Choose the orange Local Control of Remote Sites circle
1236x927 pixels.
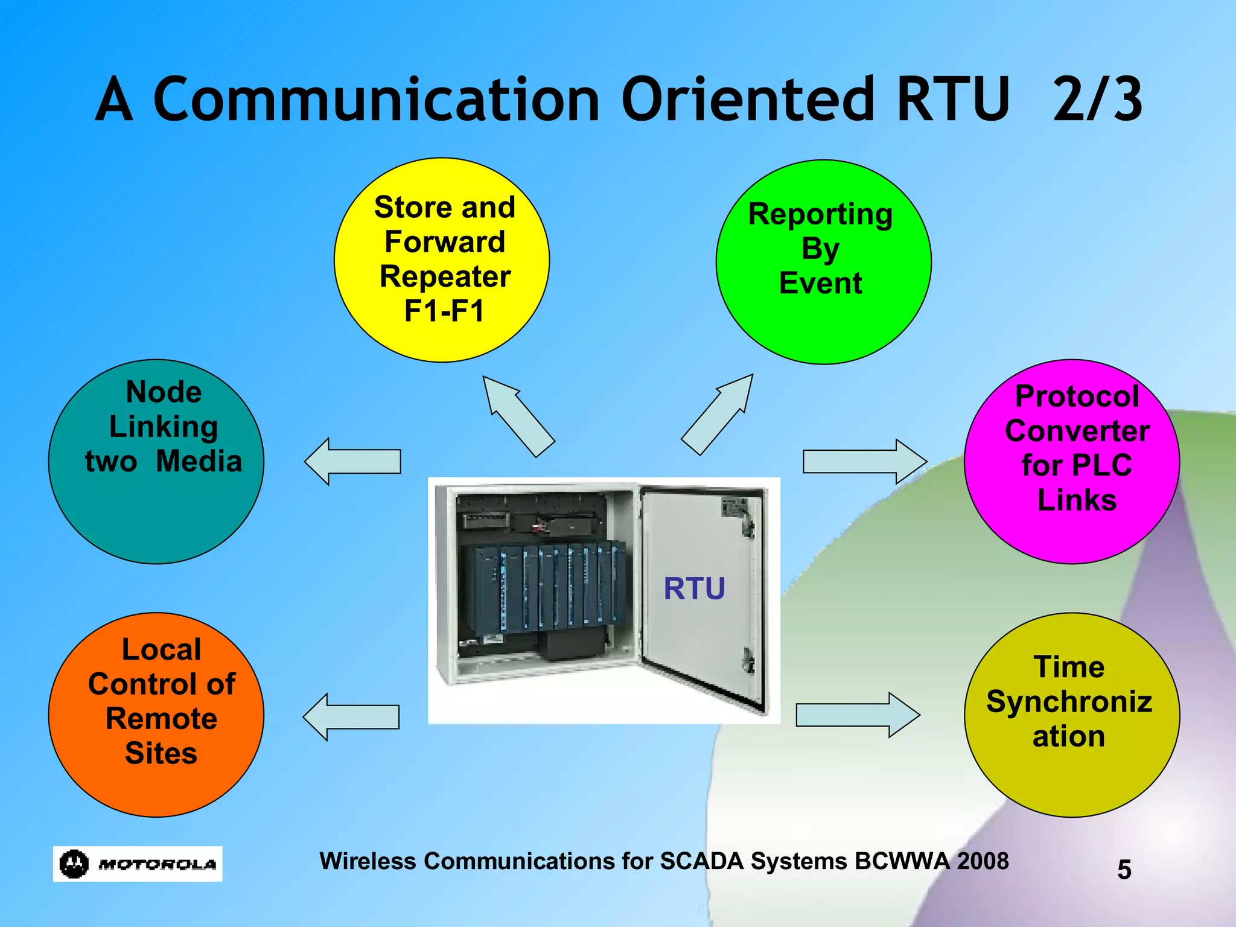click(156, 715)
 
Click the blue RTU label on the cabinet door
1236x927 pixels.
click(694, 588)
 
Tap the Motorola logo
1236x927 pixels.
click(138, 864)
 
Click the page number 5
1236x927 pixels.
click(1124, 870)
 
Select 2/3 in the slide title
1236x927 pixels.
click(1097, 100)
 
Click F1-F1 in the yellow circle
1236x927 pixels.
click(444, 311)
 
